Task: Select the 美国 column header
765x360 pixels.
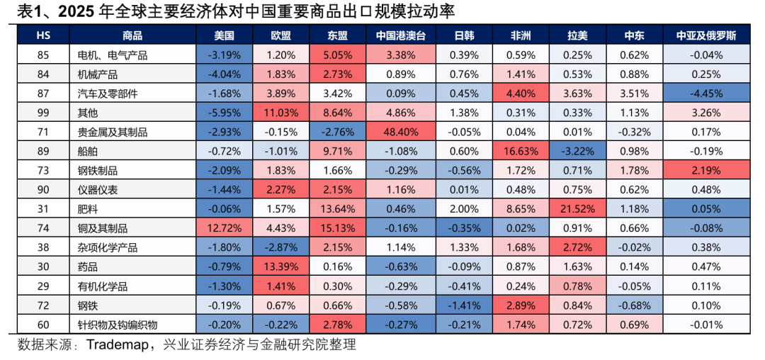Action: click(224, 35)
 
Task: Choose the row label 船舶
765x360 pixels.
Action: click(91, 151)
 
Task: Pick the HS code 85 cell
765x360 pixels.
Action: click(42, 55)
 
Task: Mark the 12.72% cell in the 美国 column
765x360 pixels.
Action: click(224, 228)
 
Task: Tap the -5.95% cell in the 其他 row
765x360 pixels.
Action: click(224, 113)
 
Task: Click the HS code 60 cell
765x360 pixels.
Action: click(42, 325)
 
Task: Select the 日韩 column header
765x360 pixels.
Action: click(464, 35)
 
